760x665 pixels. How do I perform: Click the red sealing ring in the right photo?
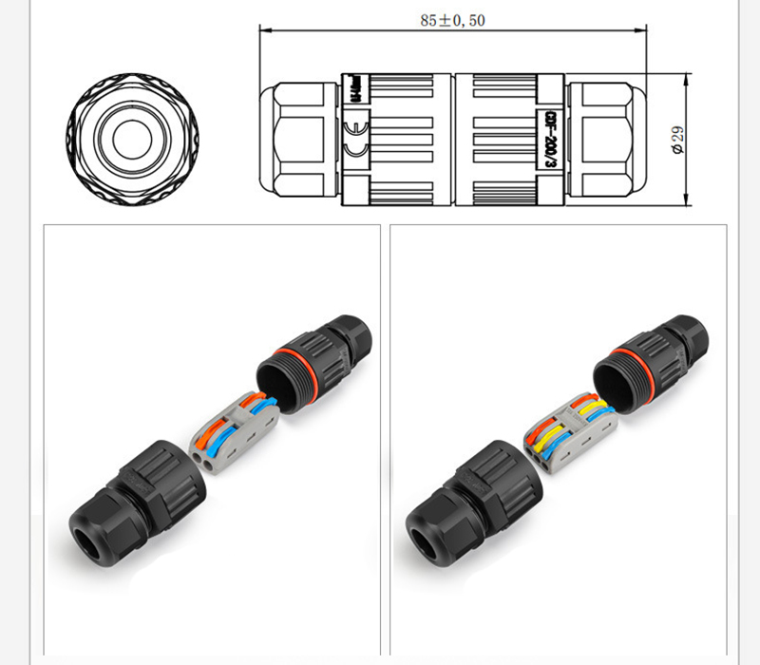[x=624, y=364]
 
